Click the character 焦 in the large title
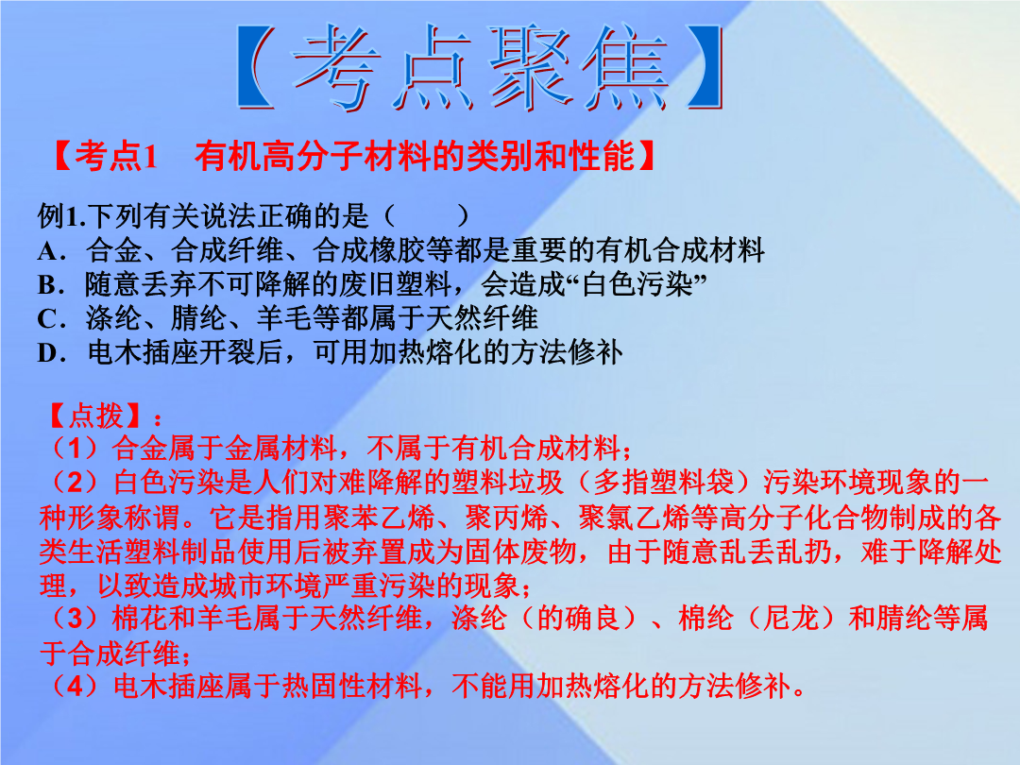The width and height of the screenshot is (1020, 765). pyautogui.click(x=624, y=65)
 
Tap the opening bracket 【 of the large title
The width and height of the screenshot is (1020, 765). pyautogui.click(x=256, y=65)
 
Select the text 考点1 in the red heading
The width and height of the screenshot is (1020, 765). pyautogui.click(x=116, y=156)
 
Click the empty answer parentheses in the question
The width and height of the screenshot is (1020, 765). pyautogui.click(x=427, y=216)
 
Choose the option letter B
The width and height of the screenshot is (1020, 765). pyautogui.click(x=49, y=285)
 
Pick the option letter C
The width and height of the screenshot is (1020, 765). pyautogui.click(x=49, y=319)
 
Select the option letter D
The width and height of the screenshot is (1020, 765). pyautogui.click(x=49, y=352)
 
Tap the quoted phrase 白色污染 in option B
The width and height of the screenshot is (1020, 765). pyautogui.click(x=637, y=285)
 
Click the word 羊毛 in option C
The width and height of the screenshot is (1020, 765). pyautogui.click(x=284, y=319)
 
